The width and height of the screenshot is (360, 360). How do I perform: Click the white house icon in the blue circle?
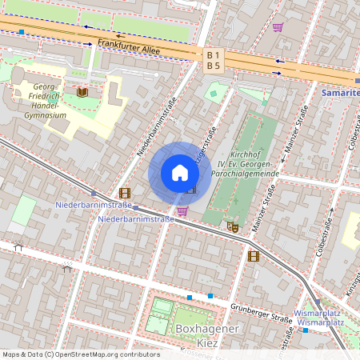tap(180, 173)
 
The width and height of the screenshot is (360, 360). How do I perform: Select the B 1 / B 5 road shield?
tap(213, 61)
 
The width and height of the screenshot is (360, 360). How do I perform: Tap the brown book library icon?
tap(82, 93)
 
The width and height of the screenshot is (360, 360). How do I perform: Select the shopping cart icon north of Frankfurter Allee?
tap(278, 26)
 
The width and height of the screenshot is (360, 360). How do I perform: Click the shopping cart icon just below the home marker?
tap(182, 211)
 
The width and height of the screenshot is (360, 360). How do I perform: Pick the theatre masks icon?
tap(234, 226)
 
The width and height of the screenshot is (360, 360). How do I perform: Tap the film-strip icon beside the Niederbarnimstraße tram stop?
tap(124, 193)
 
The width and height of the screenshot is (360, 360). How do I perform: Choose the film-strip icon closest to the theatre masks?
tap(254, 256)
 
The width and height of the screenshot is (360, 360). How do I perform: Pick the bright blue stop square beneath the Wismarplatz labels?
tap(306, 330)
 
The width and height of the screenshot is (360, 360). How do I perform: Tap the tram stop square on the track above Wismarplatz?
tap(318, 302)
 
